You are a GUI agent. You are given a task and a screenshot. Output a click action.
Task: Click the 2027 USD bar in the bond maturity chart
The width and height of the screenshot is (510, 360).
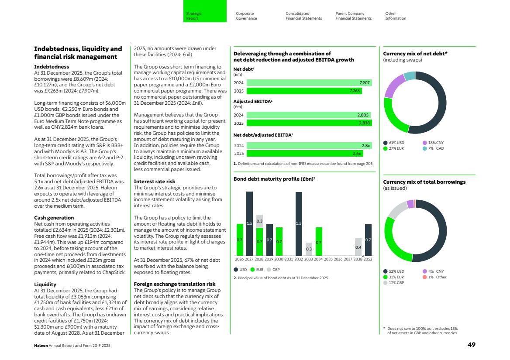(x=249, y=223)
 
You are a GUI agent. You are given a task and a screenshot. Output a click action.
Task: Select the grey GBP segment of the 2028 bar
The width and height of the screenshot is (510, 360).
(x=259, y=221)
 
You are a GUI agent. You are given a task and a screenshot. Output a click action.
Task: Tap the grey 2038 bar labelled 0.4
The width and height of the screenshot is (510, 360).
(x=358, y=247)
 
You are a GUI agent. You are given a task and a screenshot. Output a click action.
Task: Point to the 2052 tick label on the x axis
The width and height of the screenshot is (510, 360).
(x=368, y=259)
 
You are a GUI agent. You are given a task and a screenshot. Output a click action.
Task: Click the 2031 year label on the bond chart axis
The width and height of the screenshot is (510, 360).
(x=289, y=259)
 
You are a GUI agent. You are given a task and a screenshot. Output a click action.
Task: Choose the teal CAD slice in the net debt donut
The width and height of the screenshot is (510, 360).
(x=409, y=76)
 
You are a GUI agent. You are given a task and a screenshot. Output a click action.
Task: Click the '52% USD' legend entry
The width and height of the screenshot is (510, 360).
(x=394, y=271)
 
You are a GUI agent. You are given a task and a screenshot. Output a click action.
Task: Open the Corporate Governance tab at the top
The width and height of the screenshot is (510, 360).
(x=246, y=16)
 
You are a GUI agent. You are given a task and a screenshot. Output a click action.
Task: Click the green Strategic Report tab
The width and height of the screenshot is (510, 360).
(x=204, y=16)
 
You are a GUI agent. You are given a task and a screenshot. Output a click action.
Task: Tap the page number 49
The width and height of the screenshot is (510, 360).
(x=471, y=344)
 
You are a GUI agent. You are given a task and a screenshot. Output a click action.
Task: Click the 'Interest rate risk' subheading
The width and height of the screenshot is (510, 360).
(x=154, y=181)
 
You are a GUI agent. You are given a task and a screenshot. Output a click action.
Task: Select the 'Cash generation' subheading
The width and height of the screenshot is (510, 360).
(x=54, y=218)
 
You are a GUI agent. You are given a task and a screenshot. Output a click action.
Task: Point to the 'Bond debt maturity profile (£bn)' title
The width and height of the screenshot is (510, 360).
(x=271, y=179)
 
